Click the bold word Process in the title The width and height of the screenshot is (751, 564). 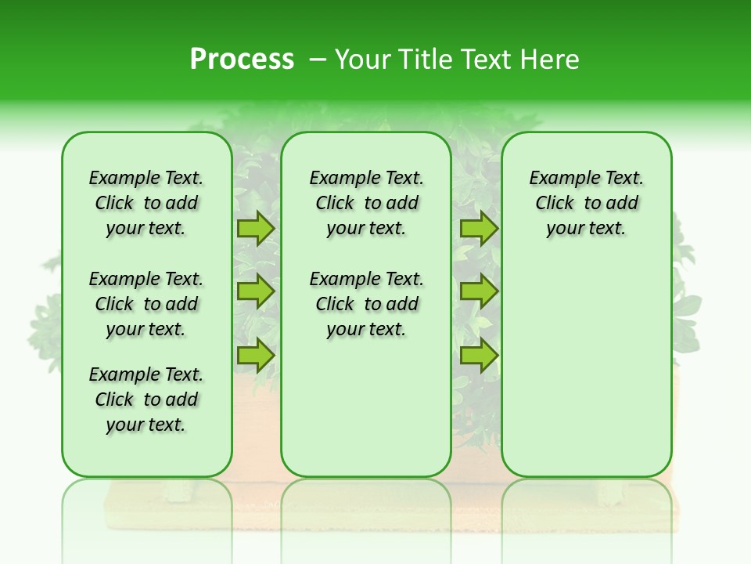coord(242,60)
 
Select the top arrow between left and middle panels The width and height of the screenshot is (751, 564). coord(255,229)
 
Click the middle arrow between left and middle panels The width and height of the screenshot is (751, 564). coord(255,291)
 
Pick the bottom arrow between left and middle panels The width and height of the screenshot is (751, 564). coord(255,355)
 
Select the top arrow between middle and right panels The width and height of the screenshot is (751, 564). coord(479,229)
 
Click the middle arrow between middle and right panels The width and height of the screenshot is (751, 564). coord(479,291)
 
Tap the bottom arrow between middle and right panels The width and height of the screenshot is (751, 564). coord(479,355)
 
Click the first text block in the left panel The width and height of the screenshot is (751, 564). coord(146,203)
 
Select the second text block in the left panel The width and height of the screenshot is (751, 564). coord(146,304)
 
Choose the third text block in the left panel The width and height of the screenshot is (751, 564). coord(146,399)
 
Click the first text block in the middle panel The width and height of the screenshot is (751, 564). coord(367,203)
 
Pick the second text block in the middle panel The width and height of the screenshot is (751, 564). coord(367,304)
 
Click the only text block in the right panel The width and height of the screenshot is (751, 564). coord(587,203)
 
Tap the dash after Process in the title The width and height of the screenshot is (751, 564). coord(318,60)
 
